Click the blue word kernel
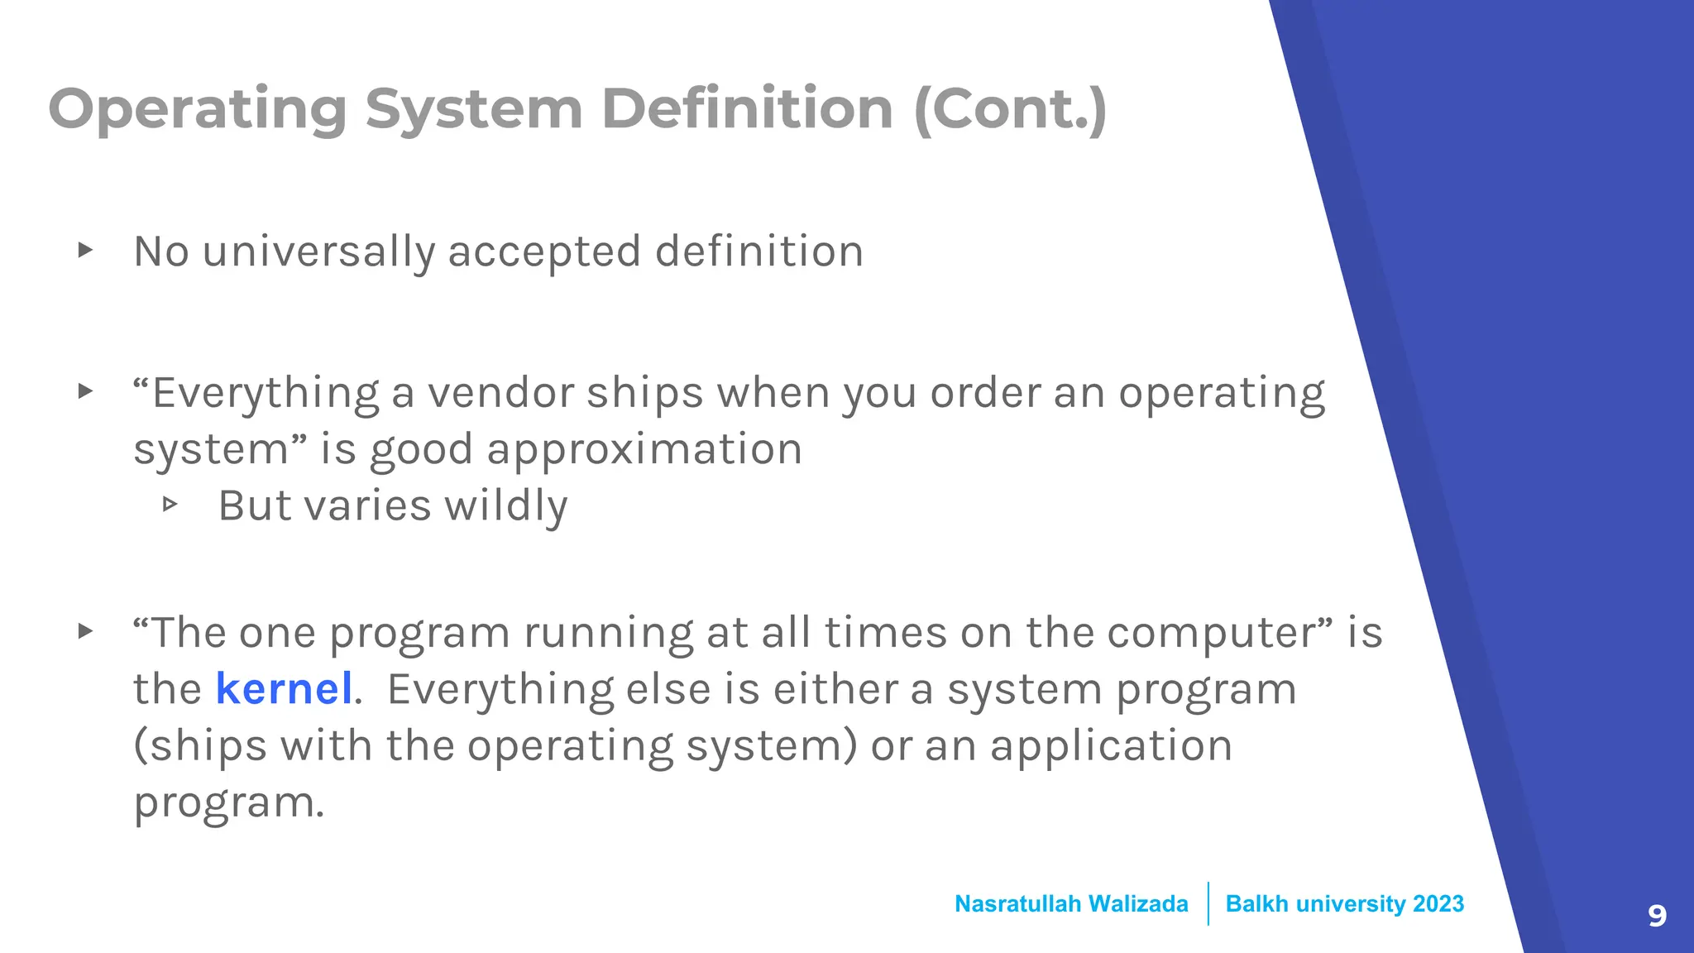click(x=284, y=689)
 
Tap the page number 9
click(x=1657, y=916)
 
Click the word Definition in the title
click(x=747, y=109)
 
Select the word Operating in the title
click(x=198, y=111)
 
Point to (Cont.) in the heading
click(x=1010, y=109)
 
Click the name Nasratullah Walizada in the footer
click(x=1071, y=904)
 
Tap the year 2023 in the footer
click(x=1438, y=904)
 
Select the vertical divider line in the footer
click(x=1208, y=903)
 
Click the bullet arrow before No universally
click(x=85, y=250)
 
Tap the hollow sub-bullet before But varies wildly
click(x=170, y=504)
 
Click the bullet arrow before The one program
click(x=85, y=632)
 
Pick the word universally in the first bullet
click(x=318, y=251)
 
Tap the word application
click(x=1111, y=746)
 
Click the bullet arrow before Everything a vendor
click(x=85, y=391)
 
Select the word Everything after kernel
click(x=500, y=690)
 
